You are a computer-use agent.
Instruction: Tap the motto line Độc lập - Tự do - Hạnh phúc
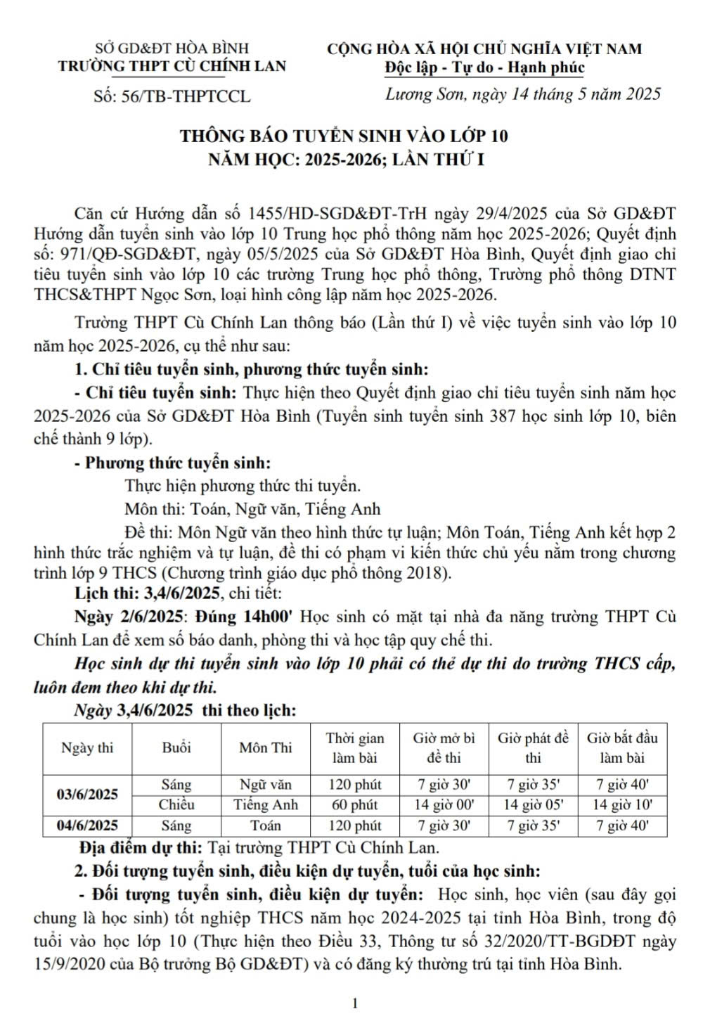[484, 68]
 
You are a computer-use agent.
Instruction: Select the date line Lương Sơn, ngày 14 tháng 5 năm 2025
[523, 94]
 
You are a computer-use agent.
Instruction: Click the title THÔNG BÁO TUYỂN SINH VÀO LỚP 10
[344, 135]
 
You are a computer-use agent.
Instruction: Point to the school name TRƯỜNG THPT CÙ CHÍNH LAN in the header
[172, 66]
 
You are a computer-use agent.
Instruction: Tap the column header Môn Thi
[265, 747]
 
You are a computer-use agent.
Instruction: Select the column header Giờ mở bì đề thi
[444, 747]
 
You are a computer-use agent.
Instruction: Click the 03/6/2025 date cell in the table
[87, 794]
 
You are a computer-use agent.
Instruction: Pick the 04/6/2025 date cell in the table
[87, 825]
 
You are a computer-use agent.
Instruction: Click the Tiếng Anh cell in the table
[265, 804]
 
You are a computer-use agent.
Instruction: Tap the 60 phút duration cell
[354, 804]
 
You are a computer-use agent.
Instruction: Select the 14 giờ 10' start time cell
[622, 804]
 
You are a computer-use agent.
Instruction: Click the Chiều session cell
[176, 804]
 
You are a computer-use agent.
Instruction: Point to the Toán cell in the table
[265, 825]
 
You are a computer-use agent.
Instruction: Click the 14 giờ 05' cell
[533, 804]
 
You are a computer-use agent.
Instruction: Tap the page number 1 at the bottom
[355, 1003]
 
